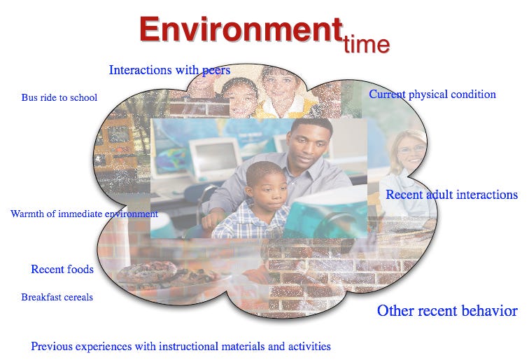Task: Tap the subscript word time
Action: tap(367, 44)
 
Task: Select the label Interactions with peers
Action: tap(170, 70)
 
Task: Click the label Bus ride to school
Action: tap(59, 97)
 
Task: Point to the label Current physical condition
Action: tap(432, 95)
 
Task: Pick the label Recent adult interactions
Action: tap(452, 195)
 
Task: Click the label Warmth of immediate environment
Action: tap(84, 214)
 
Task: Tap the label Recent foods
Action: tap(62, 269)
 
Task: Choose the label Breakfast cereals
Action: tap(57, 297)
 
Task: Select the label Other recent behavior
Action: tap(447, 311)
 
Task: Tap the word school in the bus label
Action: tap(83, 97)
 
